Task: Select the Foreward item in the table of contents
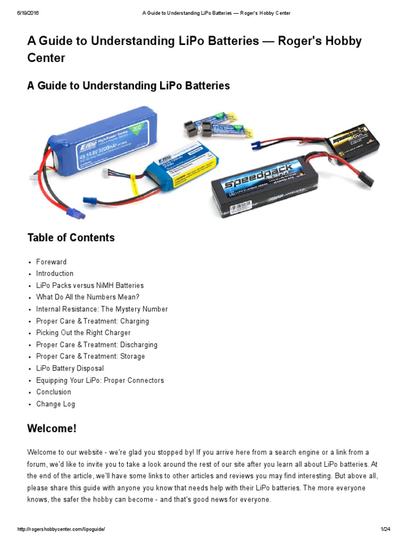[51, 262]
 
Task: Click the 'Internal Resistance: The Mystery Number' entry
[102, 309]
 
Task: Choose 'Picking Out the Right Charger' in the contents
[83, 333]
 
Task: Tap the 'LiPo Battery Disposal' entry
[70, 369]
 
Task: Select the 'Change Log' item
[56, 404]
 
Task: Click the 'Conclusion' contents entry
[54, 392]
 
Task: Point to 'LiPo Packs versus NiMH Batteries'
[90, 285]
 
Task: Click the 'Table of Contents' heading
[71, 238]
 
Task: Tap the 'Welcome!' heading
[52, 428]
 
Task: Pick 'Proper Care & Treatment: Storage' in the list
[90, 356]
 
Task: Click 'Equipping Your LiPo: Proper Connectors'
[100, 380]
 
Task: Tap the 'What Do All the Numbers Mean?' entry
[87, 297]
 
